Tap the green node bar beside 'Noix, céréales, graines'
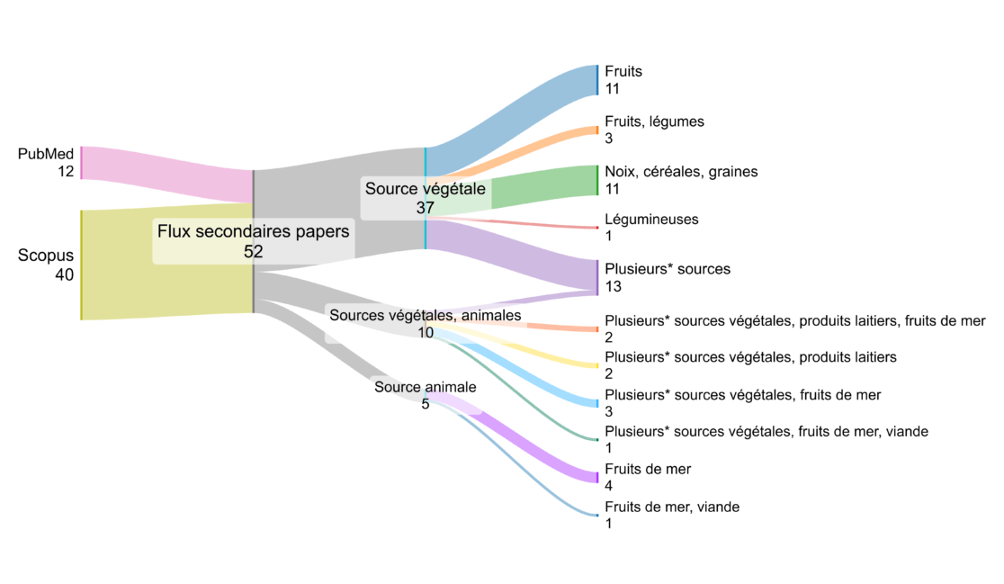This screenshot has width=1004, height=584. point(597,180)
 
